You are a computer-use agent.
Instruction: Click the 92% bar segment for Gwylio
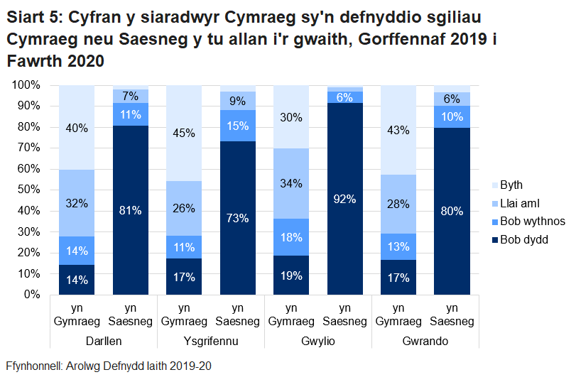[x=344, y=199]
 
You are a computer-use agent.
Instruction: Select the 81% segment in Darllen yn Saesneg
[x=131, y=210]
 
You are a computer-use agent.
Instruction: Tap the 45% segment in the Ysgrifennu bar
[x=184, y=133]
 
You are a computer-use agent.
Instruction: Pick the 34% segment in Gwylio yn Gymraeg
[x=291, y=184]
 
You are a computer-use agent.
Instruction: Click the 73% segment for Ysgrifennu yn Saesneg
[x=238, y=218]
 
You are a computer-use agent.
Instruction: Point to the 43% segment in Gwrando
[x=398, y=131]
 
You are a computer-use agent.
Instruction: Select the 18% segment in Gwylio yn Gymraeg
[x=291, y=237]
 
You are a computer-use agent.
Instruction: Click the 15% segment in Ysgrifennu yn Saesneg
[x=238, y=126]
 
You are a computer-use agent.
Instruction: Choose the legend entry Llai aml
[x=520, y=204]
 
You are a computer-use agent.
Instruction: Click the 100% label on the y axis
[x=27, y=85]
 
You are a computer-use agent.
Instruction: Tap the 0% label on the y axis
[x=33, y=294]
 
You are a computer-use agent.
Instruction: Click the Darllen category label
[x=104, y=341]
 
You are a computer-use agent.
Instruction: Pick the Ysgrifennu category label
[x=211, y=341]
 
